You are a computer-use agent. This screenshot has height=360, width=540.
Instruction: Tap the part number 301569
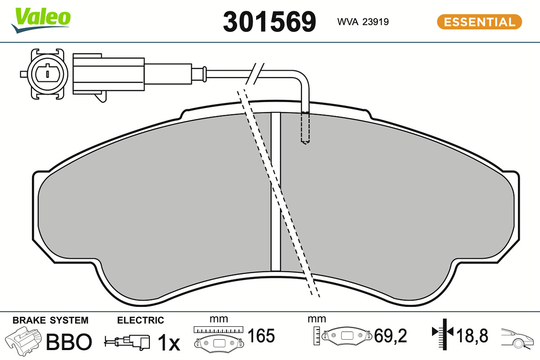(x=269, y=22)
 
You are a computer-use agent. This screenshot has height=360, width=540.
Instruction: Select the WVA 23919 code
(x=363, y=22)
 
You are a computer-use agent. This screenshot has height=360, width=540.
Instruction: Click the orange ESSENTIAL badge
(x=479, y=22)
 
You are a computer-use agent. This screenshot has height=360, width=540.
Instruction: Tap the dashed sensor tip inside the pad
(x=305, y=128)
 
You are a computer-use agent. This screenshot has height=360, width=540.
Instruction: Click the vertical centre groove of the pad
(x=276, y=192)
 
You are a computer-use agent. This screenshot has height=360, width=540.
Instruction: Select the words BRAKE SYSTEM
(x=50, y=320)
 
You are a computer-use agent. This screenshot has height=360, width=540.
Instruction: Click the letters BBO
(x=69, y=342)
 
